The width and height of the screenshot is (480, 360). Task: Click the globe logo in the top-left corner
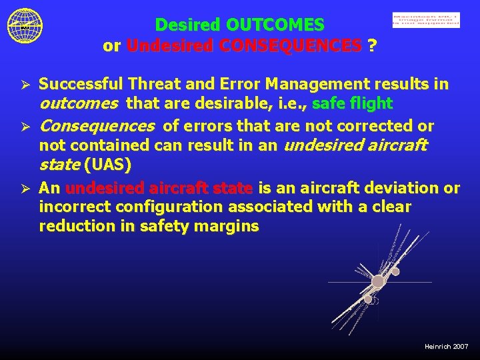pos(25,25)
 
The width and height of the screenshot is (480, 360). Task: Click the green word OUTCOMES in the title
pos(275,25)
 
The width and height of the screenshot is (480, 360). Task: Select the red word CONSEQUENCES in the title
pos(243,46)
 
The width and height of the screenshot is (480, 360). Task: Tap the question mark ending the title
pos(371,46)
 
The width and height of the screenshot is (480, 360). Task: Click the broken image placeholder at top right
pos(425,21)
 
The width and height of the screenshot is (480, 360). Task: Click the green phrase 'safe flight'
pos(352,104)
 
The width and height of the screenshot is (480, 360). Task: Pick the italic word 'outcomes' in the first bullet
pos(79,104)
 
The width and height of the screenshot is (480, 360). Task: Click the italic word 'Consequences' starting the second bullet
pos(99,126)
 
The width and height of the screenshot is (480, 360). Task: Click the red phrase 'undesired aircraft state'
pos(159,188)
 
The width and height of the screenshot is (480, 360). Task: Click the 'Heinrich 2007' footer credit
pos(446,347)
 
